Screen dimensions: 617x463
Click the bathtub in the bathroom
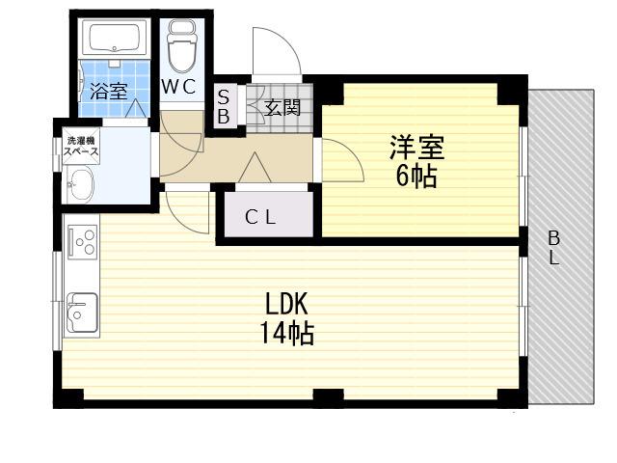click(115, 39)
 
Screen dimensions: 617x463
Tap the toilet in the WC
click(182, 46)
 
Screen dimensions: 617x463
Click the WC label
click(178, 87)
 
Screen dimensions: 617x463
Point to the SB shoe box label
click(224, 106)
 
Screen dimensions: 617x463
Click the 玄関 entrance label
click(282, 107)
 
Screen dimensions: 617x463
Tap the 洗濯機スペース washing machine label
click(81, 146)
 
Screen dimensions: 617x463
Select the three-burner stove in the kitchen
click(83, 242)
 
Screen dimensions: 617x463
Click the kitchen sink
click(82, 313)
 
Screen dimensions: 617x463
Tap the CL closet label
click(260, 217)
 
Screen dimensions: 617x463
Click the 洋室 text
click(417, 148)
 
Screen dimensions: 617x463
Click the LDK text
click(286, 305)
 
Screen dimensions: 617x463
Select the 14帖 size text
click(286, 334)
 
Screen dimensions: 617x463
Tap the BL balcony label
click(554, 248)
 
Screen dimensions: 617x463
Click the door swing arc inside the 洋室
click(352, 153)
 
